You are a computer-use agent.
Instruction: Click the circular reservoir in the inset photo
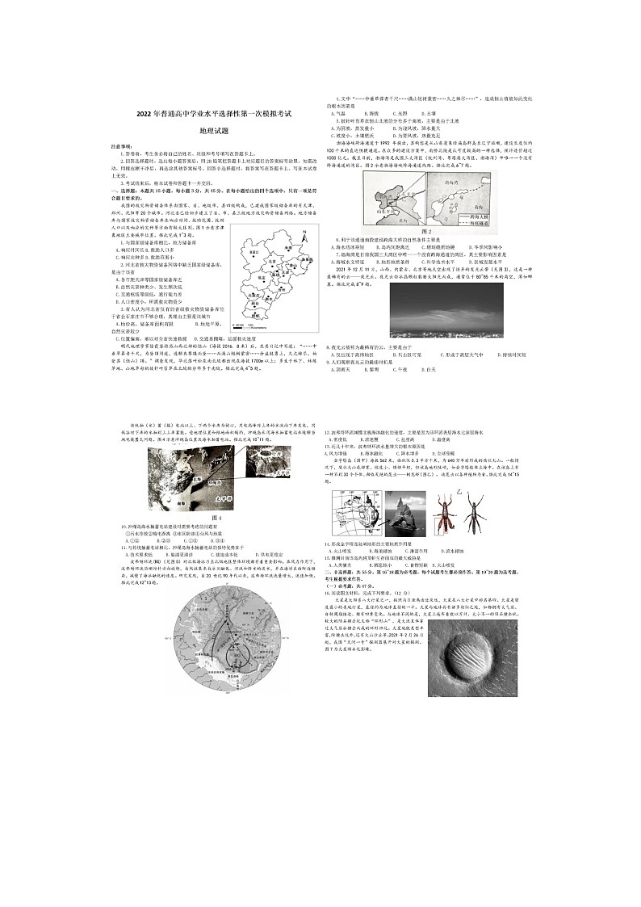[228, 464]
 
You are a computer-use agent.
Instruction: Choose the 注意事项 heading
[123, 145]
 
